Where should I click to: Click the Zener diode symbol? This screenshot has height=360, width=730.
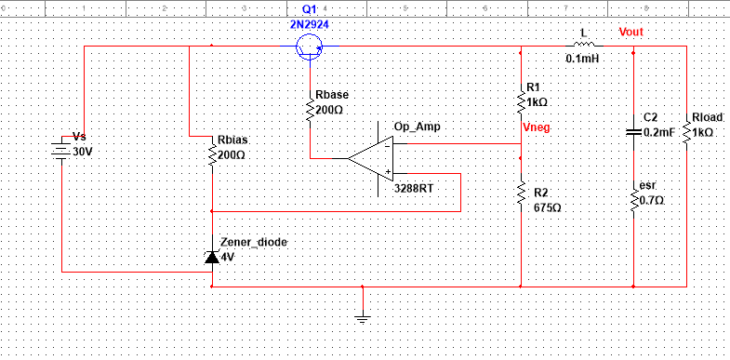213,257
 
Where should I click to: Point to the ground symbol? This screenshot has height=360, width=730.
363,317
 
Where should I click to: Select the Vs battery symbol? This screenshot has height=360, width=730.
61,149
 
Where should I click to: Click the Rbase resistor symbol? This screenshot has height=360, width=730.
310,112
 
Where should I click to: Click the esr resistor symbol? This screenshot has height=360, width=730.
634,200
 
